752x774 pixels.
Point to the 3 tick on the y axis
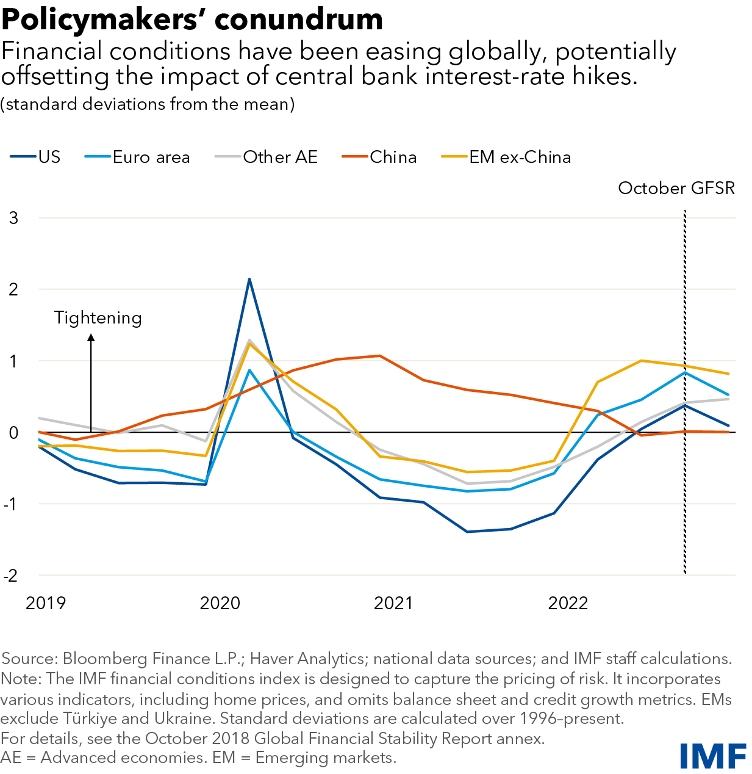tap(13, 218)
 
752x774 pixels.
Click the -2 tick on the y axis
tap(10, 575)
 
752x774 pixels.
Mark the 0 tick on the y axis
tap(13, 433)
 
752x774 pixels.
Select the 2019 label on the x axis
tap(46, 603)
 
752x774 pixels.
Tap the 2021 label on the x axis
tap(393, 603)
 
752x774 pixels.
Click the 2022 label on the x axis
tap(568, 603)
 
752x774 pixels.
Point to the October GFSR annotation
tap(676, 188)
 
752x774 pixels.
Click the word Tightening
tap(98, 317)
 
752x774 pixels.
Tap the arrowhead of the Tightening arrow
tap(91, 337)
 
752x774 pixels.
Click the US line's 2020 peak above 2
tap(249, 280)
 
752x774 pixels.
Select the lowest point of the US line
tap(467, 532)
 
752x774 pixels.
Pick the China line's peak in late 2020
tap(380, 356)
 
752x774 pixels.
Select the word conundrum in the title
tap(299, 20)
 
